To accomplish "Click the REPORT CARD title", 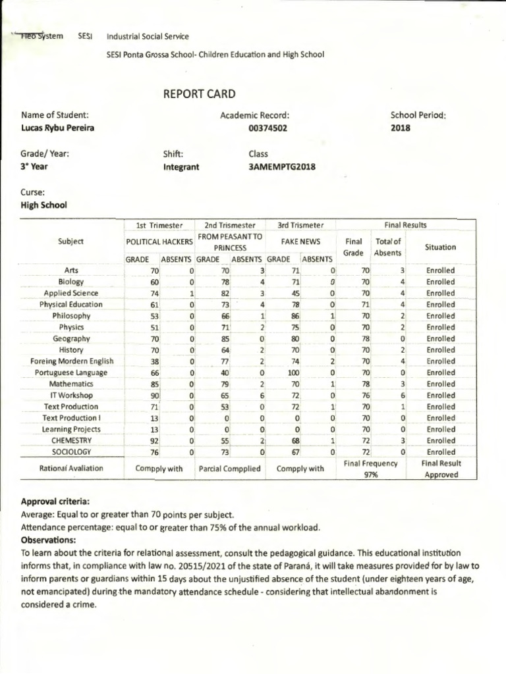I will [x=199, y=94].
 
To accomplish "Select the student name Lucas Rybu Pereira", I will [x=57, y=128].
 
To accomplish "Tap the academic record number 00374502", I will [x=267, y=128].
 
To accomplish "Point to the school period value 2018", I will [x=401, y=128].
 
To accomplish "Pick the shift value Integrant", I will [x=181, y=167].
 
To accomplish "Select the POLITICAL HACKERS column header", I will [x=159, y=242].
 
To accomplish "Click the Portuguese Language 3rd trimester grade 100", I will [x=293, y=373].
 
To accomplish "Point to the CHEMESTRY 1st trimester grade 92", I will [x=155, y=440].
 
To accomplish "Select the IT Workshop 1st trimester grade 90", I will [x=155, y=396].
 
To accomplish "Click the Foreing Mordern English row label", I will [x=72, y=361].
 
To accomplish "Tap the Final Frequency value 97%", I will [x=371, y=475].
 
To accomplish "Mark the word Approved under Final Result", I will [x=441, y=475].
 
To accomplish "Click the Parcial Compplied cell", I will [x=229, y=469].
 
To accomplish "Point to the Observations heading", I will [x=48, y=540].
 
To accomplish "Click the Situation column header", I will [x=441, y=247].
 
